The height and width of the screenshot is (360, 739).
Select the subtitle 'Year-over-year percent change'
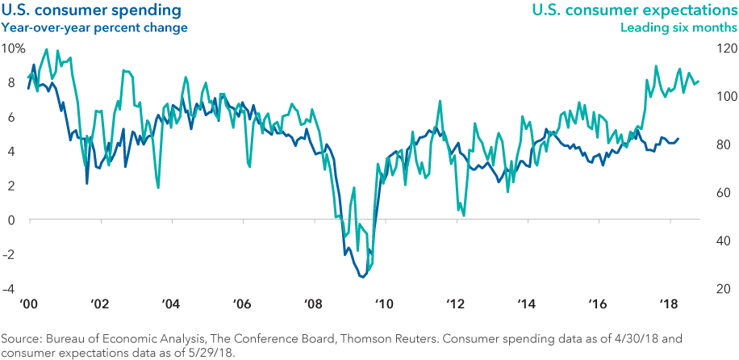94,27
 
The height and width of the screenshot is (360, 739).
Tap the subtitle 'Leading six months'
678,27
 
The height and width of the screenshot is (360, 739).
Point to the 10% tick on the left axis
14,48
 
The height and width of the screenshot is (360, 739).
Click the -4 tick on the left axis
10,289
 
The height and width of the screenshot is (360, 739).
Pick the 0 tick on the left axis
10,220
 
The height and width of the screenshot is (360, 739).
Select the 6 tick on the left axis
10,117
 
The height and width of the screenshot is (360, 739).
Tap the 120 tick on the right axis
723,48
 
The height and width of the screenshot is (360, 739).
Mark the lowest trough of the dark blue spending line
361,277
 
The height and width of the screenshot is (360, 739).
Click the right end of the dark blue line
678,139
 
